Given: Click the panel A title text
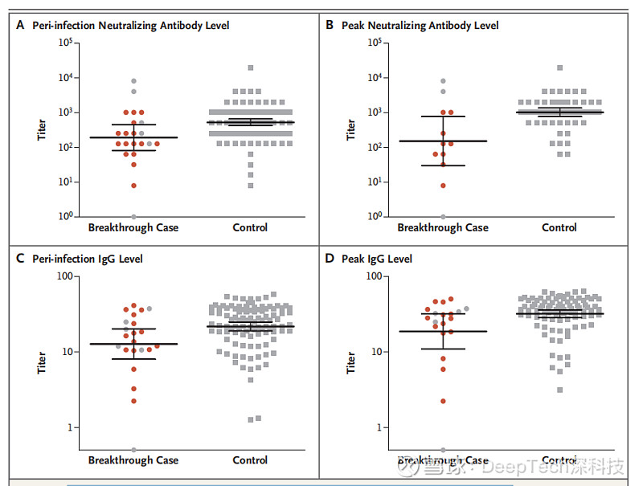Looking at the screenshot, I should coord(130,26).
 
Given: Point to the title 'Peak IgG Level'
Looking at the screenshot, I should coord(377,259).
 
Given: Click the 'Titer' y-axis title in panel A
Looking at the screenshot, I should coord(42,130).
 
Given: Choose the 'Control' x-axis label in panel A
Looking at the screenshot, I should coord(250,227).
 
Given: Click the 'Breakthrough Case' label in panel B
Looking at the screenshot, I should coord(443,227).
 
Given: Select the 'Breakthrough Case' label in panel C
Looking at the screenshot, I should coord(133,460).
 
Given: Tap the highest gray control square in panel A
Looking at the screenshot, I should coord(251,68).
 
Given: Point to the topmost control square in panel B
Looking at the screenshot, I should coord(559,68).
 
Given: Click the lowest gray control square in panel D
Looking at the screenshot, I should coord(559,390).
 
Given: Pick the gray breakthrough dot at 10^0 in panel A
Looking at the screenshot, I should coord(133,217).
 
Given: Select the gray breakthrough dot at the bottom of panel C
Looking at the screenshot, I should coord(133,450).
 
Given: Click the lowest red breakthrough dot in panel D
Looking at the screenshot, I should coord(443,401).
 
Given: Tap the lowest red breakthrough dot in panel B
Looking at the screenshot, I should coord(443,186).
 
